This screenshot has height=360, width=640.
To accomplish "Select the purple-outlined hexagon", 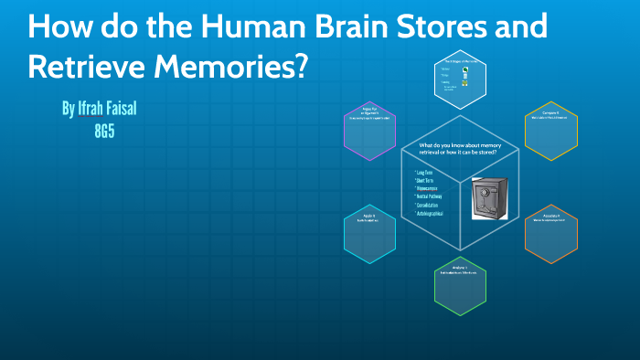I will click(x=369, y=123).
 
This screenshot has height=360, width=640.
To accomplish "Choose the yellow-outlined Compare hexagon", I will click(x=551, y=131).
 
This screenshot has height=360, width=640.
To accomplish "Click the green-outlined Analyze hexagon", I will click(x=460, y=281).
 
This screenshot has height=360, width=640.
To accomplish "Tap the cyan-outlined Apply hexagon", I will click(x=369, y=228).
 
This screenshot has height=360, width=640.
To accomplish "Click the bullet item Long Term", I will click(x=425, y=173).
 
